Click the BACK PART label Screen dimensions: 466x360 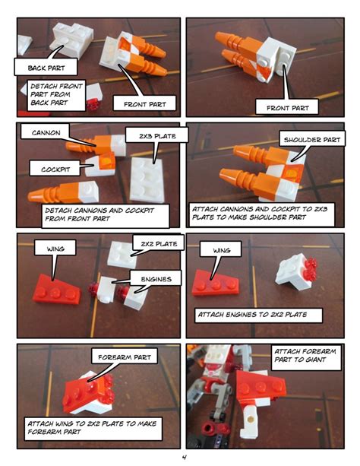coord(46,68)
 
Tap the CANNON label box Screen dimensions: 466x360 coord(46,133)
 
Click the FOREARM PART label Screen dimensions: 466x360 coord(123,356)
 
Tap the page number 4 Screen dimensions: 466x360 coord(181,457)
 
